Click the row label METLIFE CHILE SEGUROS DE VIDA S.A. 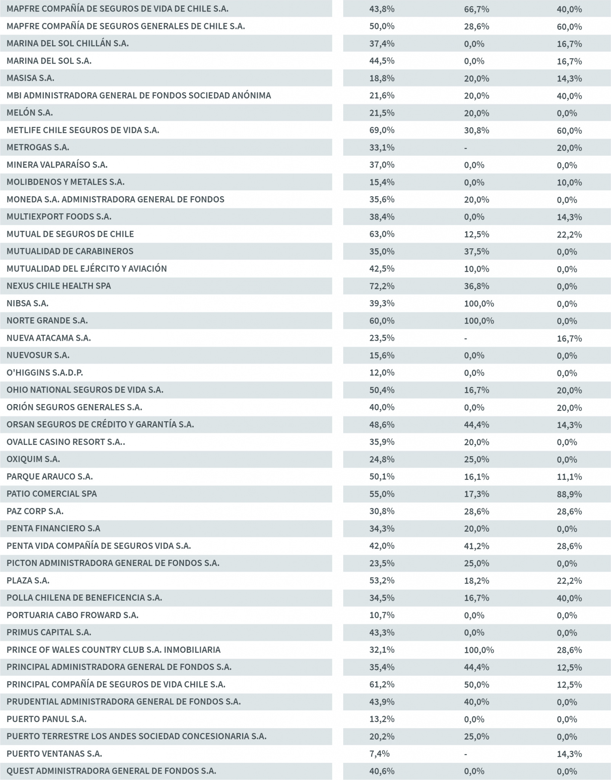[83, 130]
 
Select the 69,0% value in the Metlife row [382, 130]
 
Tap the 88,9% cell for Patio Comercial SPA [569, 494]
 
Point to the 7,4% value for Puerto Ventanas [379, 754]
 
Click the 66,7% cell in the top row [477, 9]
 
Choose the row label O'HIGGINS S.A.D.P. [45, 372]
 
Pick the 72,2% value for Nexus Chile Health [382, 286]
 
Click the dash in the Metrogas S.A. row [465, 148]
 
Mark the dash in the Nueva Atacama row [465, 338]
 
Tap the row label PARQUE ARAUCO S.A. [50, 476]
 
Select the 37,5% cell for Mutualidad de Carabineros [477, 251]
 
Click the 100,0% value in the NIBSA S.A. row [479, 304]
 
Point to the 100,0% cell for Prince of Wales [479, 650]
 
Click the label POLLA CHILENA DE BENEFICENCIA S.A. [84, 598]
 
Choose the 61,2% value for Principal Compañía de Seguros [382, 684]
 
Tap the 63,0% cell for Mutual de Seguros [382, 234]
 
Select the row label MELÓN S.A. [30, 113]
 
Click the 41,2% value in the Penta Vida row [477, 546]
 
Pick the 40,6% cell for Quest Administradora [382, 771]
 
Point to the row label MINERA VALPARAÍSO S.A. [57, 165]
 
